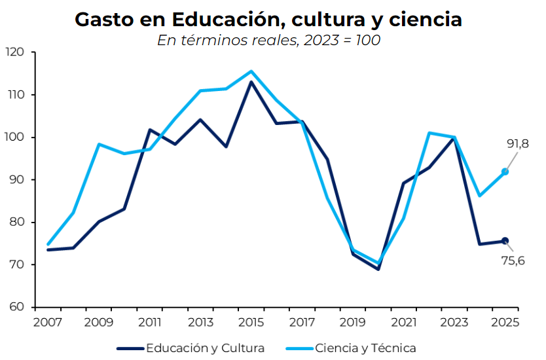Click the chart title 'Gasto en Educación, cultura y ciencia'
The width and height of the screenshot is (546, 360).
point(268,20)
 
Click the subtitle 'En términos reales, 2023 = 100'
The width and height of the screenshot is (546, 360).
point(268,40)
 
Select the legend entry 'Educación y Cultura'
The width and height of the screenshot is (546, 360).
point(205,348)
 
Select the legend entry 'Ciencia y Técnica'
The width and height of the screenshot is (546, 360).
point(365,348)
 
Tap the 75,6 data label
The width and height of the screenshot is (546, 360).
point(513,262)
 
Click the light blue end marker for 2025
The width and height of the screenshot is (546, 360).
point(505,171)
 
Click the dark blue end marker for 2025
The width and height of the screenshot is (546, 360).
point(505,241)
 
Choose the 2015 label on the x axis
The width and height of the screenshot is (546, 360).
point(251,323)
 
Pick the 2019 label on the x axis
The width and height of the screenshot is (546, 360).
point(352,323)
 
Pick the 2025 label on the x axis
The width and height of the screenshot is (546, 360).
point(505,323)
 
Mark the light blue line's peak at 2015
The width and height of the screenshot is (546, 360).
point(251,71)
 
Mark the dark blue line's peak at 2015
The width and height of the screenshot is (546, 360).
point(251,82)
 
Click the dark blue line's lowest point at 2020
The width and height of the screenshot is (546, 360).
point(378,269)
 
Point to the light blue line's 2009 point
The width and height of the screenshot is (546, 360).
point(98,144)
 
